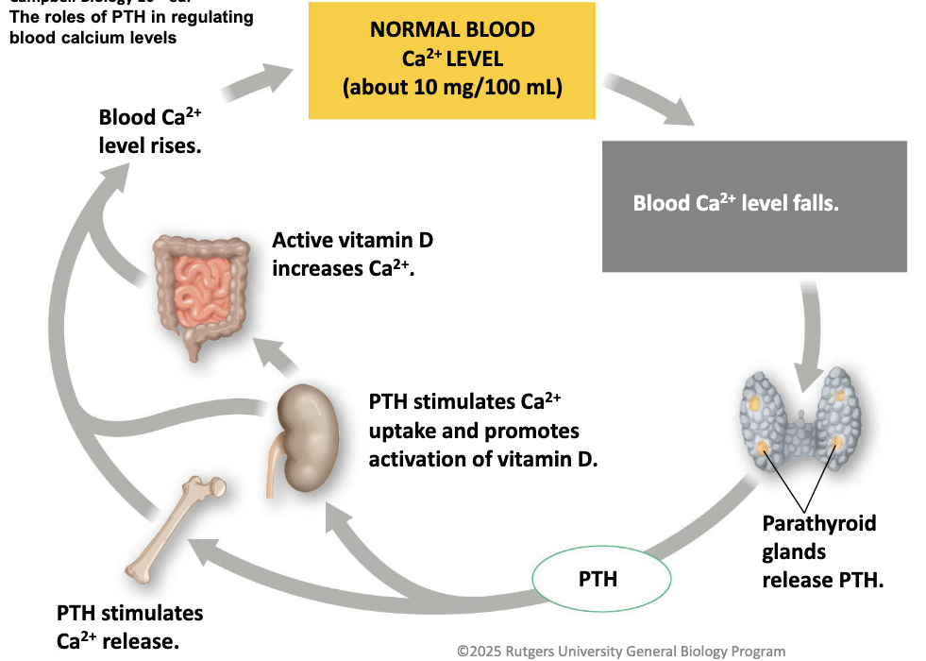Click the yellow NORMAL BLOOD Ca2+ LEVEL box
tap(452, 59)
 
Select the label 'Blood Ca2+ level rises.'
tap(150, 132)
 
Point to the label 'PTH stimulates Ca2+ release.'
tap(129, 627)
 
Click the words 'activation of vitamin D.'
tap(483, 460)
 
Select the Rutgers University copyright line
tap(620, 651)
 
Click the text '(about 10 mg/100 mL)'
tap(452, 89)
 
